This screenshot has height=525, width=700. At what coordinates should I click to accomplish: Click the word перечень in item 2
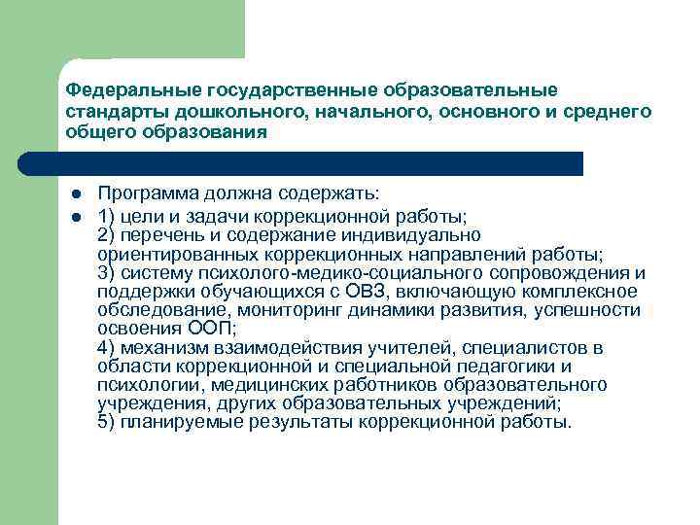point(156,235)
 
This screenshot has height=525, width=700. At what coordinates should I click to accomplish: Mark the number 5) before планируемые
point(107,422)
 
